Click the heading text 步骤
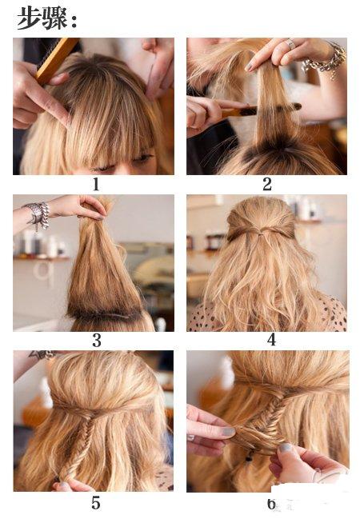click(42, 18)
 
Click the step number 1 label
click(96, 185)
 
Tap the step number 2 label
click(267, 185)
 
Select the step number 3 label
click(97, 340)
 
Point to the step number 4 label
click(271, 340)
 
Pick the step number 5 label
click(96, 503)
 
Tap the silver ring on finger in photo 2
click(290, 44)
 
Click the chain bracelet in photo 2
click(324, 60)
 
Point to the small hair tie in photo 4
click(260, 234)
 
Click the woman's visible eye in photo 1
click(143, 158)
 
